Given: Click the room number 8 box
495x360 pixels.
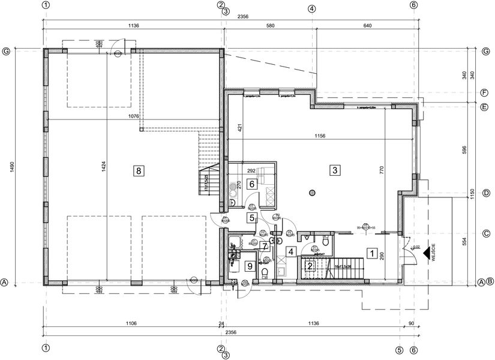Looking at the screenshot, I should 139,171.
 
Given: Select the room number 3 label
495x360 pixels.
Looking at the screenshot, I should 334,170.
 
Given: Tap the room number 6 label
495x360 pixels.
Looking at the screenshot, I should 253,185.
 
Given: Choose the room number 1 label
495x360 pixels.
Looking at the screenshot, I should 371,254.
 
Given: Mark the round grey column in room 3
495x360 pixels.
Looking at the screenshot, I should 311,193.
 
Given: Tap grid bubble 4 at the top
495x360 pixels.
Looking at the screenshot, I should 311,8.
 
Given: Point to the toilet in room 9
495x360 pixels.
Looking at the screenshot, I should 265,274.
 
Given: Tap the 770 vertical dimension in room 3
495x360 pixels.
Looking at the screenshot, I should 380,169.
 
